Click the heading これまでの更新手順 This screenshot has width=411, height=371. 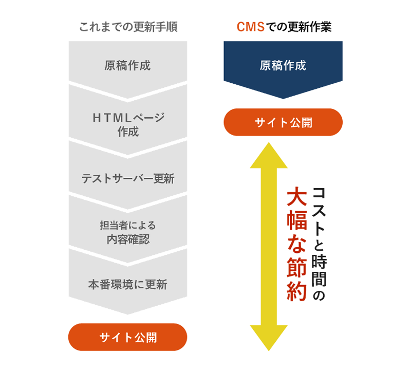coord(128,27)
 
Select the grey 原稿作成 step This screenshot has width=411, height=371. coord(127,65)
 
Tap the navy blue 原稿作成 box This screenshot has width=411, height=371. coord(283,65)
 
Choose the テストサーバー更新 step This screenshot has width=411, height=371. coord(128,179)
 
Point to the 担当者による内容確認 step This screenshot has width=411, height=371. coord(128,232)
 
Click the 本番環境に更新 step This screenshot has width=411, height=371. coord(128,284)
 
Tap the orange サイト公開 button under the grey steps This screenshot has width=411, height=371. coord(128,337)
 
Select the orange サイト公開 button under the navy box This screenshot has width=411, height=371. coord(283,123)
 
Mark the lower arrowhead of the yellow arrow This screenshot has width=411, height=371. coord(268,337)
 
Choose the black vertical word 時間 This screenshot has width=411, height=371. coord(320,267)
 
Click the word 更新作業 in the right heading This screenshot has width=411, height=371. coord(312,27)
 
